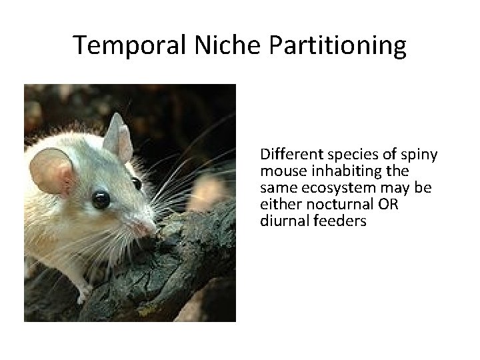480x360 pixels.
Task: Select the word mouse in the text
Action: (280, 172)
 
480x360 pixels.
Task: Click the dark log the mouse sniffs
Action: (187, 267)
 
